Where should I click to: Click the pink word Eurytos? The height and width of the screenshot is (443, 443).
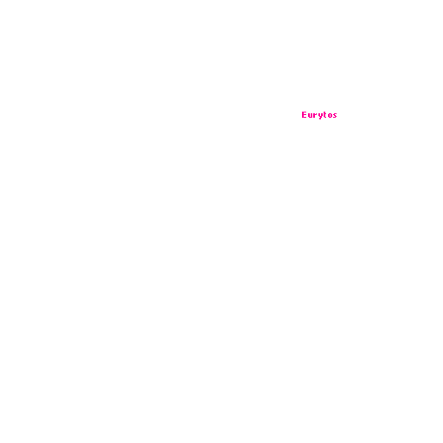pos(319,115)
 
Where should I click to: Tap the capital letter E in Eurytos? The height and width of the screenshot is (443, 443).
pos(304,114)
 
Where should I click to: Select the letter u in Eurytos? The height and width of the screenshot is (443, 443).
pos(310,115)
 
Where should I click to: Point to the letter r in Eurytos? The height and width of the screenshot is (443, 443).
pos(314,115)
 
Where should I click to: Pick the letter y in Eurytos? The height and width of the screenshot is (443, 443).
pos(321,116)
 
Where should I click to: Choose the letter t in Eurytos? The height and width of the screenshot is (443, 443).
pos(324,114)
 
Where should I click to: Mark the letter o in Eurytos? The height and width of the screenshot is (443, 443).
pos(330,115)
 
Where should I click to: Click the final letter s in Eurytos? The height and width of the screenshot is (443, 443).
pos(335,115)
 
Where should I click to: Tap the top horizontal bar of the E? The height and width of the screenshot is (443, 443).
pos(305,112)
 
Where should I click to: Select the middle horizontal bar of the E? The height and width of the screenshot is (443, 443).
pos(305,114)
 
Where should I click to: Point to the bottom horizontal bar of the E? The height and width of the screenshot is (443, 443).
pos(305,117)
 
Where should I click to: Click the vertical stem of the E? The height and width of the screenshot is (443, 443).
pos(303,114)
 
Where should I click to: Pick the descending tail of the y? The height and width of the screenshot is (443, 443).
pos(320,119)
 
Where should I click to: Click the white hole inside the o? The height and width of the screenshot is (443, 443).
pos(330,115)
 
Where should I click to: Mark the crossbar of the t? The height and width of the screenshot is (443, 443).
pos(325,113)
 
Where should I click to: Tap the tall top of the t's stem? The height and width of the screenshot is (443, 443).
pos(324,112)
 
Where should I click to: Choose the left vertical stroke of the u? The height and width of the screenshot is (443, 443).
pos(309,115)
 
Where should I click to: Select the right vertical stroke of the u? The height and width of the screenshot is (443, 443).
pos(311,115)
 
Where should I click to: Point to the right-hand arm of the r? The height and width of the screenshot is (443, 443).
pos(316,114)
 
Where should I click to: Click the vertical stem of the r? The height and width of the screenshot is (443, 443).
pos(314,115)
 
